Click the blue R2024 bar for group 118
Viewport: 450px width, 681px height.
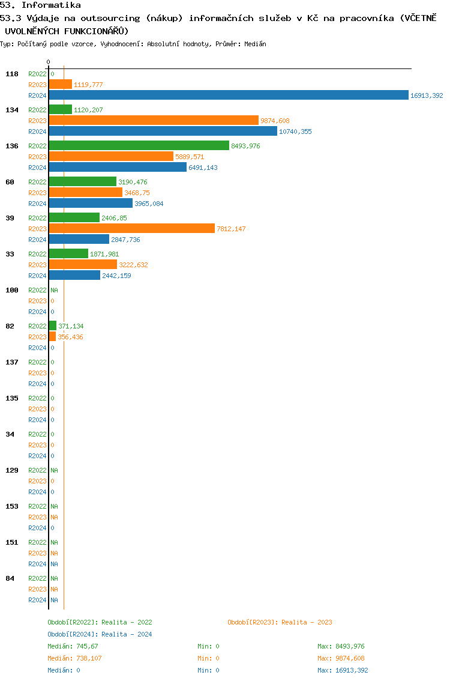[x=228, y=95]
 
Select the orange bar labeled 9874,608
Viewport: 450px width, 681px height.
[x=153, y=120]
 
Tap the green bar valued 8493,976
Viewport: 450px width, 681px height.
[x=139, y=145]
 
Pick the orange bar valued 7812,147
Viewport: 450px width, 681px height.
[x=131, y=228]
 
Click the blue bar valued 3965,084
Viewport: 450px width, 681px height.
[x=91, y=203]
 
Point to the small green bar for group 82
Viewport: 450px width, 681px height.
[x=52, y=325]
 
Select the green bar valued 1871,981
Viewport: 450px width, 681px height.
[x=68, y=253]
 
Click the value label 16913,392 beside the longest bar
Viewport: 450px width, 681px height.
[x=426, y=95]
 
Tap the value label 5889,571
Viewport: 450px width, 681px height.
[x=190, y=157]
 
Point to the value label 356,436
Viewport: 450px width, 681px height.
[x=70, y=337]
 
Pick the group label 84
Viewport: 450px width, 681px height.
[x=10, y=578]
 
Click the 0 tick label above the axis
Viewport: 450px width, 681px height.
[x=48, y=62]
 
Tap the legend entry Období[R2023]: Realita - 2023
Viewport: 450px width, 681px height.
[x=280, y=622]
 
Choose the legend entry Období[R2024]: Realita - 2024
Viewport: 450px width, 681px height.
[x=100, y=634]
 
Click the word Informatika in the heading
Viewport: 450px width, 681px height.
[x=51, y=5]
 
